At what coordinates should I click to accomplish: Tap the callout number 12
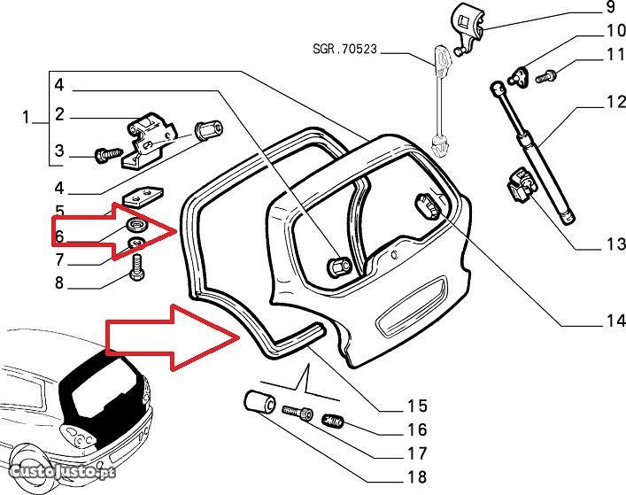(x=610, y=103)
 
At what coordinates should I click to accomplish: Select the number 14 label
(x=610, y=321)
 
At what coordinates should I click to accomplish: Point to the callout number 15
(x=417, y=406)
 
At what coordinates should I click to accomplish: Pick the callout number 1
(x=26, y=116)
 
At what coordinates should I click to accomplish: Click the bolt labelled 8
(x=137, y=267)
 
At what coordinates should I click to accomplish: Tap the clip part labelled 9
(x=468, y=21)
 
